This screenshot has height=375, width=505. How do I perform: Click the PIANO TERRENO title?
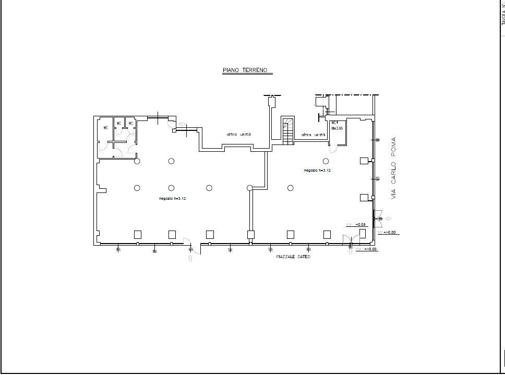[244, 70]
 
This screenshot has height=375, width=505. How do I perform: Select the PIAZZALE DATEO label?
[293, 257]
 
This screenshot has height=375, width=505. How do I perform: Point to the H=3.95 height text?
[336, 128]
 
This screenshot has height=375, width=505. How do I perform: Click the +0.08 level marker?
[360, 224]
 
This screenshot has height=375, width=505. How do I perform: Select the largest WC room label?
[105, 128]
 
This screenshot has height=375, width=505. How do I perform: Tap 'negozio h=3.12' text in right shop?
[318, 171]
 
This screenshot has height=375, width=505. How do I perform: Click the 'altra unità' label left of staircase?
[238, 134]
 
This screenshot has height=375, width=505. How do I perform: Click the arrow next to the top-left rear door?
[181, 124]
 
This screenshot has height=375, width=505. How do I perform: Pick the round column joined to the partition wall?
[249, 188]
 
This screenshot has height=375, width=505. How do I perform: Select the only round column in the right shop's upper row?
[326, 161]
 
